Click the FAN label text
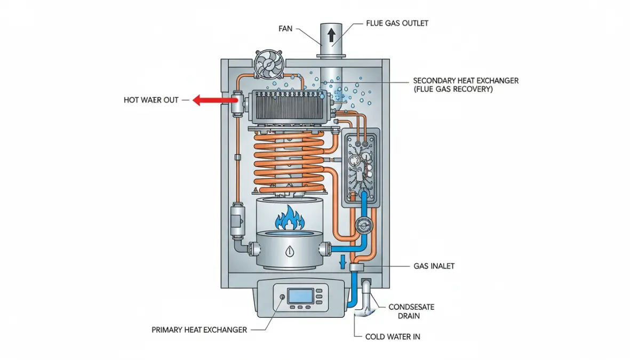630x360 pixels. (285, 28)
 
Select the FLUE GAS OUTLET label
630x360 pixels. (397, 23)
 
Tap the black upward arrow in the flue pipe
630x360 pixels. (332, 36)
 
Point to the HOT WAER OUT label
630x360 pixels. (151, 100)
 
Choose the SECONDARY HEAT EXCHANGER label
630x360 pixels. (466, 81)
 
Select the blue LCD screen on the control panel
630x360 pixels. (299, 296)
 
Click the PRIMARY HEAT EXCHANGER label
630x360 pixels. (200, 330)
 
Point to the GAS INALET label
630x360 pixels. (434, 266)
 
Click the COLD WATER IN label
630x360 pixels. (393, 337)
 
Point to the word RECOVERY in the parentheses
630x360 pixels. (472, 90)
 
